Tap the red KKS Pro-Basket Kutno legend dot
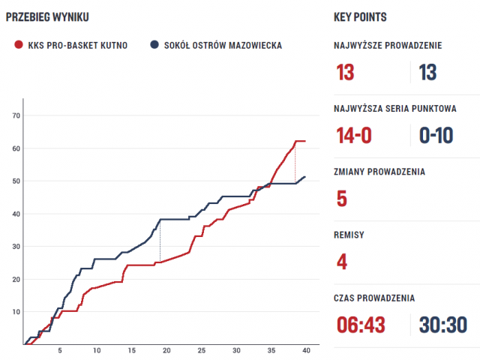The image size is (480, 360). pyautogui.click(x=18, y=45)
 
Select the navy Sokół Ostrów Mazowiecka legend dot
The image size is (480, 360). pyautogui.click(x=154, y=45)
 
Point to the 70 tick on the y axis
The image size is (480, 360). pyautogui.click(x=15, y=115)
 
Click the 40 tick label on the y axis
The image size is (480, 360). pyautogui.click(x=15, y=214)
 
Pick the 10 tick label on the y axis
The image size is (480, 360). pyautogui.click(x=15, y=311)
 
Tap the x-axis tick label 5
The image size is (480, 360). pyautogui.click(x=60, y=351)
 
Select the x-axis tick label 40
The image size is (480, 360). pyautogui.click(x=305, y=351)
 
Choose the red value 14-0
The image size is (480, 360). pyautogui.click(x=355, y=135)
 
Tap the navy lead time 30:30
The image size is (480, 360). pyautogui.click(x=443, y=325)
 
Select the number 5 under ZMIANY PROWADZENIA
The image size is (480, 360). pyautogui.click(x=342, y=199)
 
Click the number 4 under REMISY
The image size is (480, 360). pyautogui.click(x=342, y=262)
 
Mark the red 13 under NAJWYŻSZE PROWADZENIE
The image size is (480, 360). pyautogui.click(x=346, y=72)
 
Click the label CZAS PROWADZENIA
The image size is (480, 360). pyautogui.click(x=374, y=298)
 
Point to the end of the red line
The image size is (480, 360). pyautogui.click(x=304, y=141)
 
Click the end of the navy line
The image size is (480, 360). pyautogui.click(x=304, y=177)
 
